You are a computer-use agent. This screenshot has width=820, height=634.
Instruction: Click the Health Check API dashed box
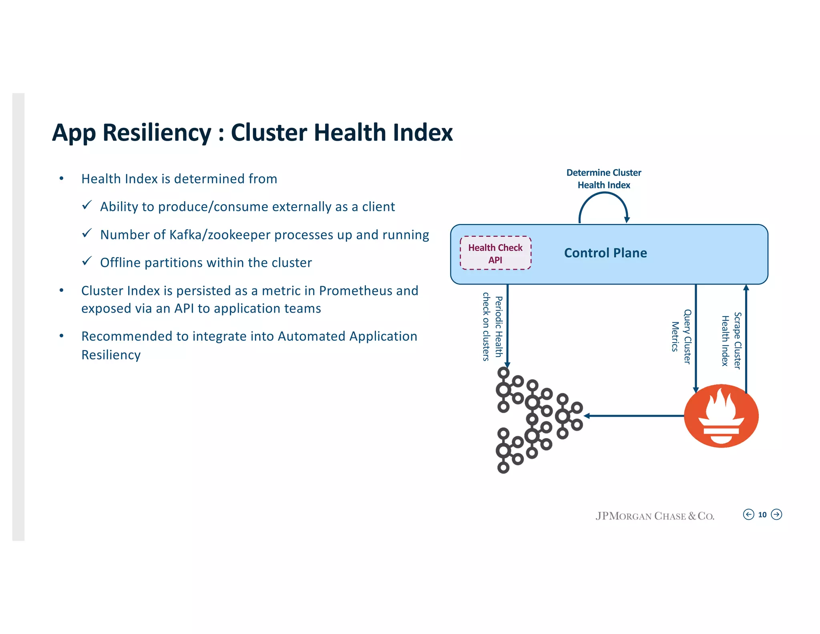495,253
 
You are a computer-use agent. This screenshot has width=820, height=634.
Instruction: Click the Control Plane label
605,253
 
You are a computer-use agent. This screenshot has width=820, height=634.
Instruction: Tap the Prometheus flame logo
721,416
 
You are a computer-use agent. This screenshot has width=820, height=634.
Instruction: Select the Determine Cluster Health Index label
603,179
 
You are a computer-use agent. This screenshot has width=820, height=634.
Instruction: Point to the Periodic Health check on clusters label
492,327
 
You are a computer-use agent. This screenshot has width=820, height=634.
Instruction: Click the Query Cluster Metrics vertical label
681,337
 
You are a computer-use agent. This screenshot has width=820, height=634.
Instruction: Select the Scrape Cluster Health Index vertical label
731,341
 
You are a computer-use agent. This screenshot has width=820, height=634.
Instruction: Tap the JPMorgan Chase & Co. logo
655,516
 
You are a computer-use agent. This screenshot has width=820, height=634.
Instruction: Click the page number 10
762,515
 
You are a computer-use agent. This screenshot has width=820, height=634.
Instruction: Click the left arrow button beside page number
748,515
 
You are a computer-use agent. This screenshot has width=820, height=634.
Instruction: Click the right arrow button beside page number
776,515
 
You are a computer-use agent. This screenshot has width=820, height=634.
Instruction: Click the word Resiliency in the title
157,133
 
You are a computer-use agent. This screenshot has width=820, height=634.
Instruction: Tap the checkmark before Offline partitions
87,261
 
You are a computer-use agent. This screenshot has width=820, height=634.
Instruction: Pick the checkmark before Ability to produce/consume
87,205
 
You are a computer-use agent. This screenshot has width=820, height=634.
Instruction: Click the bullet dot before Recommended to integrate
61,335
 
